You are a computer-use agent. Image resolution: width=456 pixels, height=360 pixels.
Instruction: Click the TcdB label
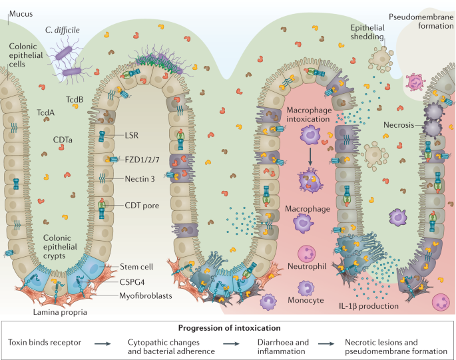(75, 100)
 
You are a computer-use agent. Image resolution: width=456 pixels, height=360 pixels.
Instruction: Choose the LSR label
(132, 135)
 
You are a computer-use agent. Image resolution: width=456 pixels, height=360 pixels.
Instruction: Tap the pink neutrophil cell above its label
(309, 254)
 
